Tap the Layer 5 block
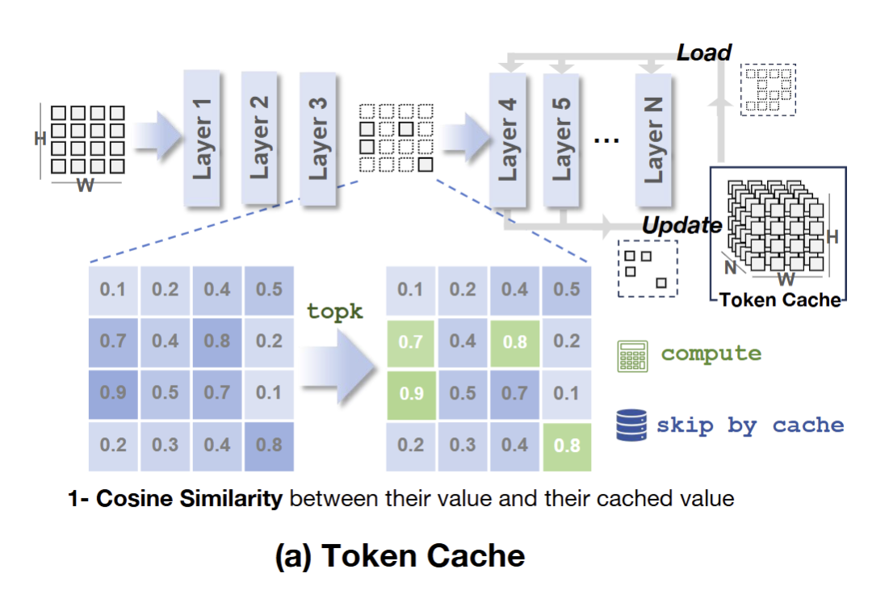click(x=563, y=137)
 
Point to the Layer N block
click(x=655, y=137)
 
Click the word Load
click(x=703, y=53)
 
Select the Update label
click(x=681, y=225)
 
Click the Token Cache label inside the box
click(x=780, y=299)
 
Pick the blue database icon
click(x=631, y=425)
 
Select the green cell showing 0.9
click(x=410, y=393)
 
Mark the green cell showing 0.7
click(x=410, y=341)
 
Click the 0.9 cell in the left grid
click(x=113, y=393)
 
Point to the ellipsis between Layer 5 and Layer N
click(x=606, y=139)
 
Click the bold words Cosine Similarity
click(x=189, y=499)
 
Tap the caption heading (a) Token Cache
click(x=400, y=556)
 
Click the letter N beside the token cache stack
click(x=729, y=267)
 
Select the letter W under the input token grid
click(x=85, y=186)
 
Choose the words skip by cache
click(x=750, y=425)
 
